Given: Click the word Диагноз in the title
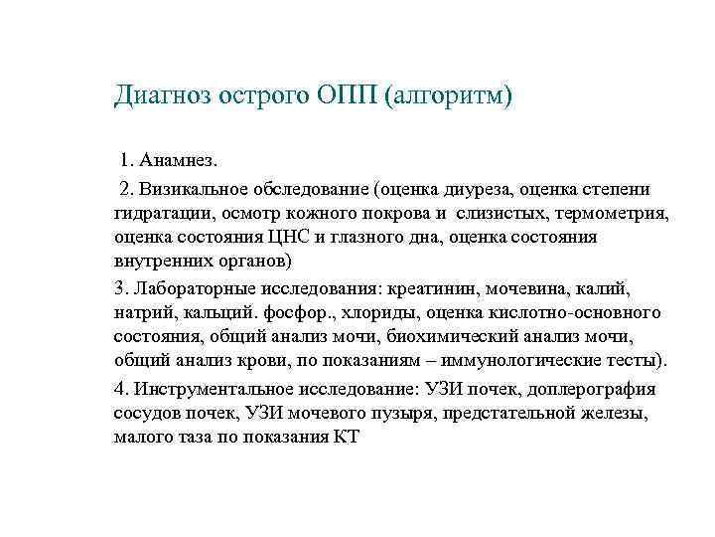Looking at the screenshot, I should [x=163, y=96].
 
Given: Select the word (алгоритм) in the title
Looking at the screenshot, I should [x=453, y=96].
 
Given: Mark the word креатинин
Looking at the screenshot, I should [x=434, y=288].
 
